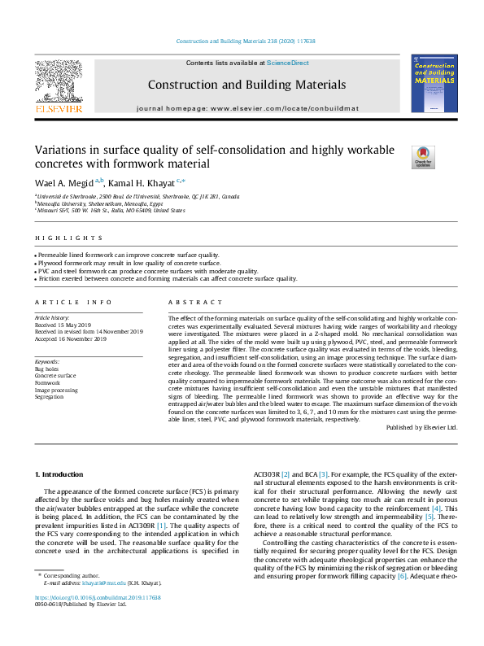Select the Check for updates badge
424,156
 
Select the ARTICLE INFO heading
72,302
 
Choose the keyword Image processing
56,390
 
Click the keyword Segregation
50,396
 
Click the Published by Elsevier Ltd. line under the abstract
421,427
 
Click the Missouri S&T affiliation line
111,210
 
